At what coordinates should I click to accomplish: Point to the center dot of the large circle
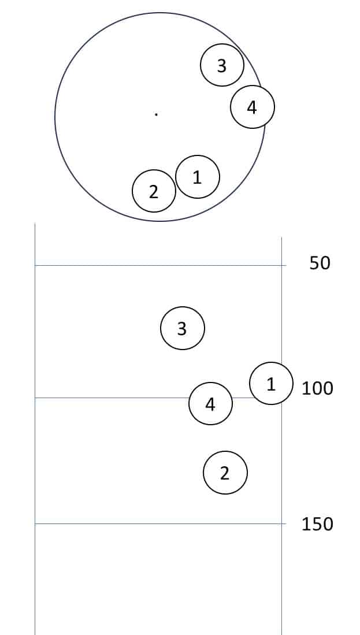157,114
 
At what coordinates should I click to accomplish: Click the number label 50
320,263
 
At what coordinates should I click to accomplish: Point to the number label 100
317,388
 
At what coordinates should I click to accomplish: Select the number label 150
317,524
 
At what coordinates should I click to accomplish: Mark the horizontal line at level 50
161,265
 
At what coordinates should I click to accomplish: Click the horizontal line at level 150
161,523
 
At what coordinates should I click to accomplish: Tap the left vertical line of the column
35,429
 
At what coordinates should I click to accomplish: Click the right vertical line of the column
281,436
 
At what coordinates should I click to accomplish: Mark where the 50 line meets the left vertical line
35,265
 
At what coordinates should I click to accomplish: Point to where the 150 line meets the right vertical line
281,523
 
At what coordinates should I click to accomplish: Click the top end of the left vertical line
35,223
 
